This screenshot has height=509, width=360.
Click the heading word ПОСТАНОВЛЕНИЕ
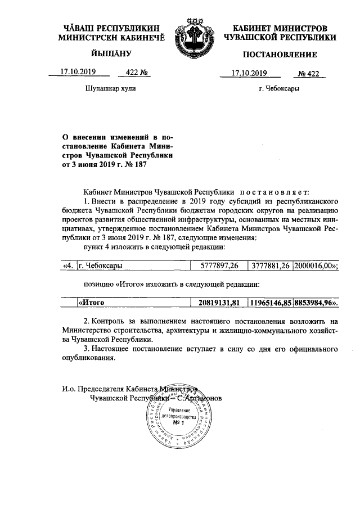[280, 55]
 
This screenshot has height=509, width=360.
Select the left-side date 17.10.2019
[78, 72]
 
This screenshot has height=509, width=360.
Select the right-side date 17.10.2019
[250, 73]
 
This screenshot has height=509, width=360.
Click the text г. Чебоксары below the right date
[278, 88]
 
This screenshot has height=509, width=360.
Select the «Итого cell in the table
[92, 303]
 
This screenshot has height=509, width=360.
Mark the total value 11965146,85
[271, 303]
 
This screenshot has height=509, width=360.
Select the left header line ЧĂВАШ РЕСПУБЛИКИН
[111, 28]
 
